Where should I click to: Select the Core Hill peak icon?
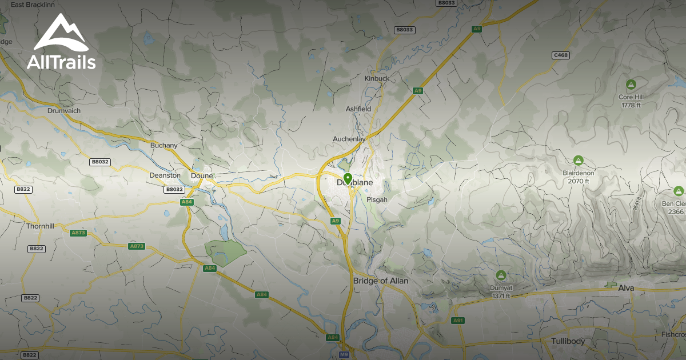[x=631, y=85]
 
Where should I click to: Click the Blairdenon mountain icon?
[x=578, y=161]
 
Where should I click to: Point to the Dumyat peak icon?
[x=501, y=275]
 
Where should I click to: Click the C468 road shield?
[x=561, y=55]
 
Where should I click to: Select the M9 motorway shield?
[x=344, y=355]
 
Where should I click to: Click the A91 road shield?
[x=458, y=321]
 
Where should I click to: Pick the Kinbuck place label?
[x=377, y=78]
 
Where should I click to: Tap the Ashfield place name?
[x=358, y=109]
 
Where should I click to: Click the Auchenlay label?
[x=349, y=139]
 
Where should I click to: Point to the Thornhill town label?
[x=40, y=226]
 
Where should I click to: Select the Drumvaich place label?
[x=64, y=111]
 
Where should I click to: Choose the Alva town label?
[x=626, y=288]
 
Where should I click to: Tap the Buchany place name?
[x=164, y=145]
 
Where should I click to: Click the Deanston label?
[x=165, y=175]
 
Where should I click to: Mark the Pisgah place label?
[x=377, y=199]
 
